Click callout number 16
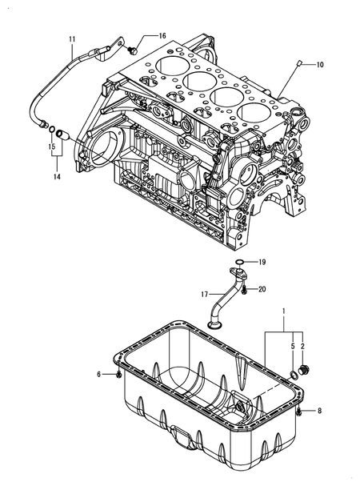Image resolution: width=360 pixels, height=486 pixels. (162, 36)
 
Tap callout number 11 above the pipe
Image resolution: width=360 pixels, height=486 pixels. (72, 39)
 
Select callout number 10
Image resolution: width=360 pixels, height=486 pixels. (320, 65)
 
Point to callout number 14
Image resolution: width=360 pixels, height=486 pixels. (57, 177)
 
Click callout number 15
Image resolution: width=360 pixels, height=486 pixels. (51, 146)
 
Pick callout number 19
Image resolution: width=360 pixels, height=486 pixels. (262, 263)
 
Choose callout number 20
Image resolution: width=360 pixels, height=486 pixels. (262, 289)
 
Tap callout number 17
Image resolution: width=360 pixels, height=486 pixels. (204, 294)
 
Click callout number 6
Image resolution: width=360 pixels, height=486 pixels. (99, 375)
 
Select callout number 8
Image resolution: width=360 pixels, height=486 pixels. (319, 411)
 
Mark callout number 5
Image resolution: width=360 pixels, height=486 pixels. (293, 347)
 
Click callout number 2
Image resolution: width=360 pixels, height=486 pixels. (302, 347)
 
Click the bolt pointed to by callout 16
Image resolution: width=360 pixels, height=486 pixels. (134, 50)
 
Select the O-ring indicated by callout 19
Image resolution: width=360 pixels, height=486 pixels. (239, 263)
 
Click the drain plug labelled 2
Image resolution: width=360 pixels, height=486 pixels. (303, 370)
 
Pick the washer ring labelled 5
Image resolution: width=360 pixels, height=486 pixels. (294, 375)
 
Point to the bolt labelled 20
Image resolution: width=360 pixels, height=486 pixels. (244, 291)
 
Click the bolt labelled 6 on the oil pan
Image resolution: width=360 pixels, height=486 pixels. (119, 375)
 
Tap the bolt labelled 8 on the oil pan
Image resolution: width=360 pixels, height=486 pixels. (298, 412)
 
